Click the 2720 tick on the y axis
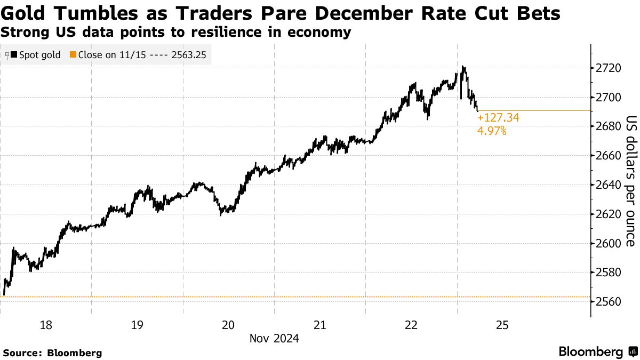pos(608,68)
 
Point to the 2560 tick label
pos(608,301)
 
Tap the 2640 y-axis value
pos(608,185)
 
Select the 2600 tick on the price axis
pos(608,243)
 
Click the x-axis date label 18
pos(46,325)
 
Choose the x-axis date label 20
pos(228,325)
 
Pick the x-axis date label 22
pos(411,325)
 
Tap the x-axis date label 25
pos(502,325)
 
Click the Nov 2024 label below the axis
pos(274,338)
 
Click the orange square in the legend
pos(73,54)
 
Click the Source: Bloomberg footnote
pos(52,353)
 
